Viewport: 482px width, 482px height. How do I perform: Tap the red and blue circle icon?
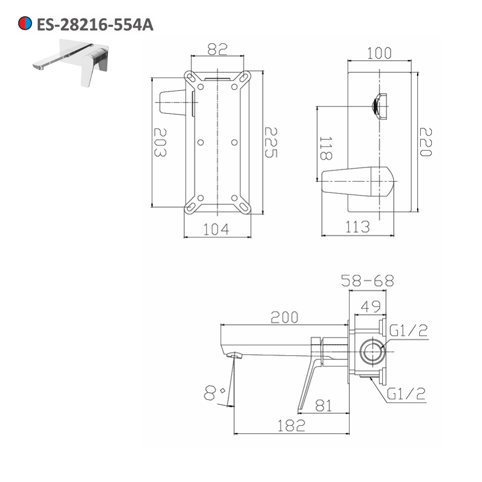[25, 24]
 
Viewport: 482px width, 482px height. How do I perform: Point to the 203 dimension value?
[161, 142]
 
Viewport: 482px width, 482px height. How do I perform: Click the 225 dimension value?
[271, 143]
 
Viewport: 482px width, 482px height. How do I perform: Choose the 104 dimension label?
[215, 229]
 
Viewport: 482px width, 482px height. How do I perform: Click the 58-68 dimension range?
[367, 281]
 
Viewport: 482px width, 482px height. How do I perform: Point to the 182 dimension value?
[291, 425]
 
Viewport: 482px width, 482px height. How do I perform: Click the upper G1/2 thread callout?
[408, 331]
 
